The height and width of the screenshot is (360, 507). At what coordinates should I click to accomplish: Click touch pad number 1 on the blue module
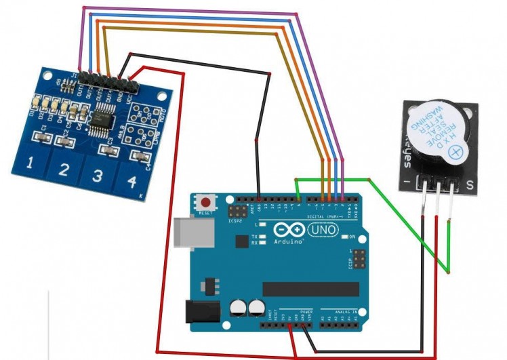[x=30, y=163]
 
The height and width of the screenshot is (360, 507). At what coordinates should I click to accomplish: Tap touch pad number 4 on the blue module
[x=131, y=182]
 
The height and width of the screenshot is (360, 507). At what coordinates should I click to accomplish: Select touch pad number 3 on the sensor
[x=97, y=176]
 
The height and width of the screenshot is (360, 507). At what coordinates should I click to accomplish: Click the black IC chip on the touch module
[x=105, y=113]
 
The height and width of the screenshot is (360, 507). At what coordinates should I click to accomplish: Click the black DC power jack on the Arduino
[x=198, y=311]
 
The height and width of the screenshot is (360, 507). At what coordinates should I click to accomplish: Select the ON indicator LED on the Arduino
[x=343, y=237]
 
